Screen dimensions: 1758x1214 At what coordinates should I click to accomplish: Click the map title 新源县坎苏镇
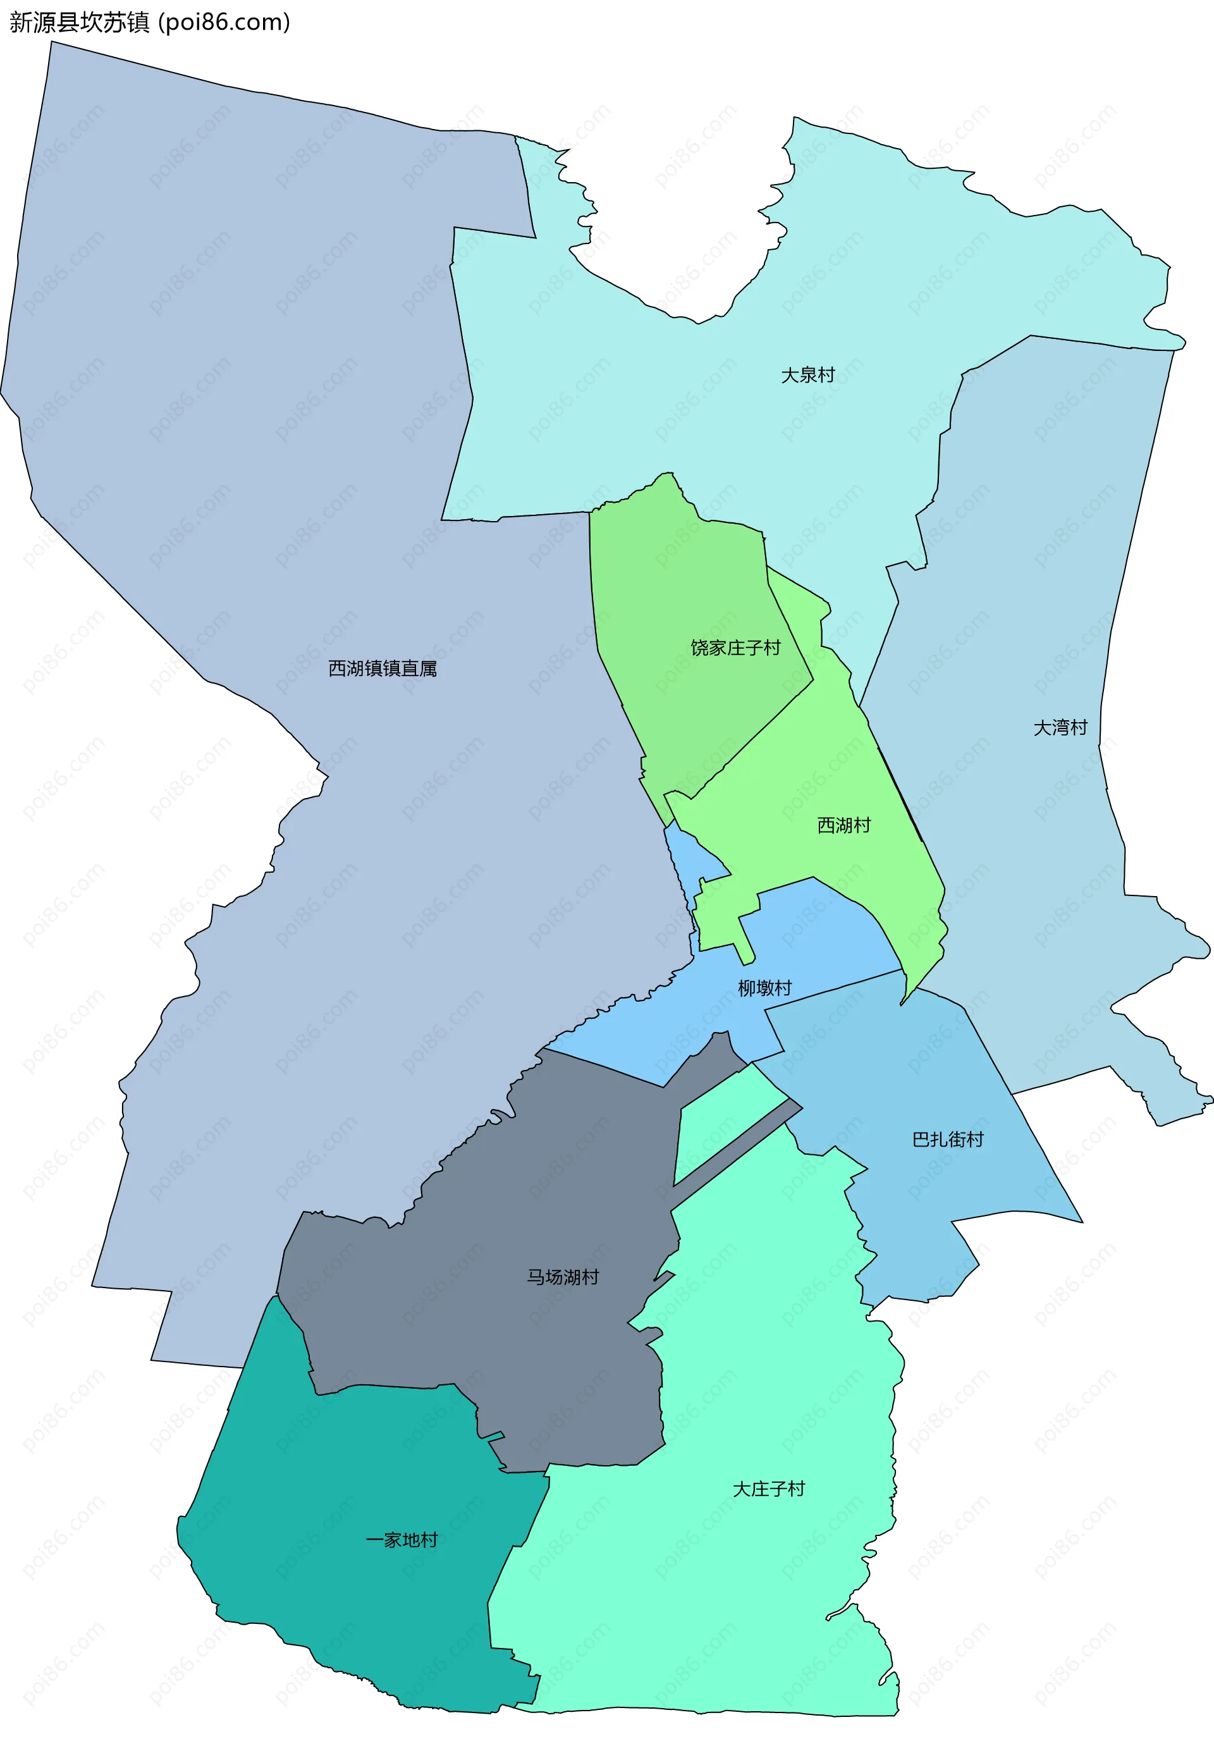click(79, 23)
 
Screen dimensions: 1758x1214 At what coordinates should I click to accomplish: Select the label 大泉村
click(808, 375)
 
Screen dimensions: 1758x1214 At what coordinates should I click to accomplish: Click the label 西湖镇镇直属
click(383, 668)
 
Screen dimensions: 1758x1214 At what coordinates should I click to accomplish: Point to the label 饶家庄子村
click(735, 648)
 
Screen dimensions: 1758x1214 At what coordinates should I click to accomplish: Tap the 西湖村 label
click(843, 825)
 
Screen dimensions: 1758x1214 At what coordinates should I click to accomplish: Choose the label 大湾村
click(1060, 727)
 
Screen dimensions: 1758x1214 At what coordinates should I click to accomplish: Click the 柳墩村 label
click(764, 988)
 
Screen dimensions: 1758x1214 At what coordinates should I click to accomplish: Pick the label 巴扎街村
click(948, 1139)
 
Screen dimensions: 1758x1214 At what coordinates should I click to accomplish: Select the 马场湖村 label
click(563, 1277)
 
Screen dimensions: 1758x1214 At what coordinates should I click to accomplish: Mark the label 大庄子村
click(768, 1489)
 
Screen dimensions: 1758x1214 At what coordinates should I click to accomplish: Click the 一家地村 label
click(402, 1540)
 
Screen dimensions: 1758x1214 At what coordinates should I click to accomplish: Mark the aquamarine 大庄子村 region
click(723, 1597)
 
